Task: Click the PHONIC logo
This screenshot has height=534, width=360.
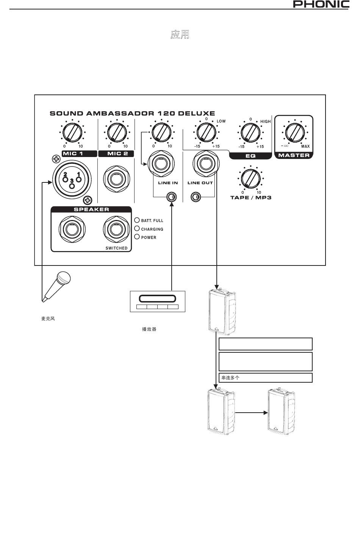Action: [x=321, y=4]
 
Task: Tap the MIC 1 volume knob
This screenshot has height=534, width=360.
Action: [x=72, y=132]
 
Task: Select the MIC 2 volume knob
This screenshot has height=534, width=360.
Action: [x=117, y=132]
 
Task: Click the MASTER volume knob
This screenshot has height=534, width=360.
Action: [x=295, y=132]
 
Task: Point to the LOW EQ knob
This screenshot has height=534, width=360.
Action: [x=206, y=132]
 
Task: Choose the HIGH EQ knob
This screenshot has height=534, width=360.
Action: [x=250, y=132]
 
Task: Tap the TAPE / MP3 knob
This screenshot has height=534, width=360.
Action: [x=250, y=179]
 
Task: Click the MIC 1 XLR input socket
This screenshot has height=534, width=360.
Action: [x=72, y=179]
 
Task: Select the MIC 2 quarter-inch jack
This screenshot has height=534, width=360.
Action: [x=116, y=179]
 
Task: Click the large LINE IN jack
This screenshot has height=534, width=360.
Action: [x=161, y=164]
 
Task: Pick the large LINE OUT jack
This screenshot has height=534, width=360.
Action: [x=206, y=164]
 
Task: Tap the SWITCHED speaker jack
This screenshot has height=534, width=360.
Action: [x=116, y=229]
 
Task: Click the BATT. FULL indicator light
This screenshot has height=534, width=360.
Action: [x=137, y=220]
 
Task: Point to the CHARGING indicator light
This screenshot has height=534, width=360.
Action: [x=137, y=228]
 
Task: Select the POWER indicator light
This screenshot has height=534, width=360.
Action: [x=137, y=237]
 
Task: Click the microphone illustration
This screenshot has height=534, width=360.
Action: [x=56, y=287]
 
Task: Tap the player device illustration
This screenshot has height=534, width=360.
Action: [x=158, y=302]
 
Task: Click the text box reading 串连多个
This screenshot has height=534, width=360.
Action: [x=265, y=378]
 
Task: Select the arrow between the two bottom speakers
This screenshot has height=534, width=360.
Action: [x=251, y=412]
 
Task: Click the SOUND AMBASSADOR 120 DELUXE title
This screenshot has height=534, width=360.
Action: [x=132, y=113]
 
